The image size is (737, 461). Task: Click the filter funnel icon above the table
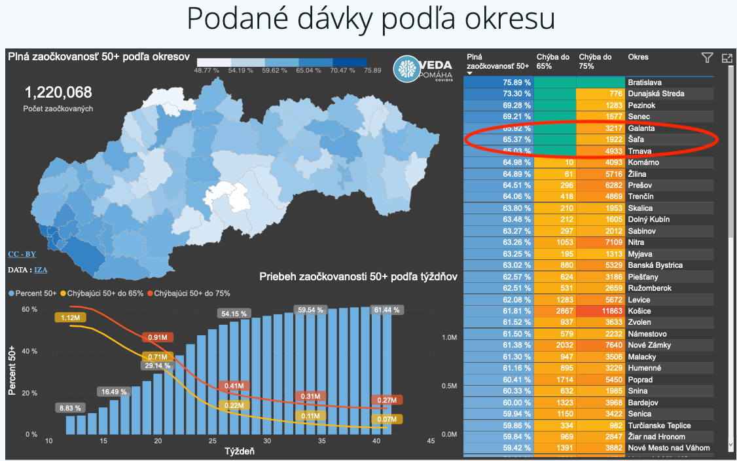(707, 58)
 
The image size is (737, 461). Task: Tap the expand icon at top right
(727, 58)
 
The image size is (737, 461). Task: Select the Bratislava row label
(644, 83)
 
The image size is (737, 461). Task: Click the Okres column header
(638, 57)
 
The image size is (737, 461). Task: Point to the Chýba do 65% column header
(553, 62)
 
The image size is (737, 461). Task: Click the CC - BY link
(22, 253)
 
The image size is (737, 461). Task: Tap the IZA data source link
(41, 269)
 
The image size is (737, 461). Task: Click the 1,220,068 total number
(58, 93)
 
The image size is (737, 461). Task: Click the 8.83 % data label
(69, 408)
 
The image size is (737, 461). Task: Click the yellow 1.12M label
(70, 318)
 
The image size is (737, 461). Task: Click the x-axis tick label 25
(211, 441)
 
